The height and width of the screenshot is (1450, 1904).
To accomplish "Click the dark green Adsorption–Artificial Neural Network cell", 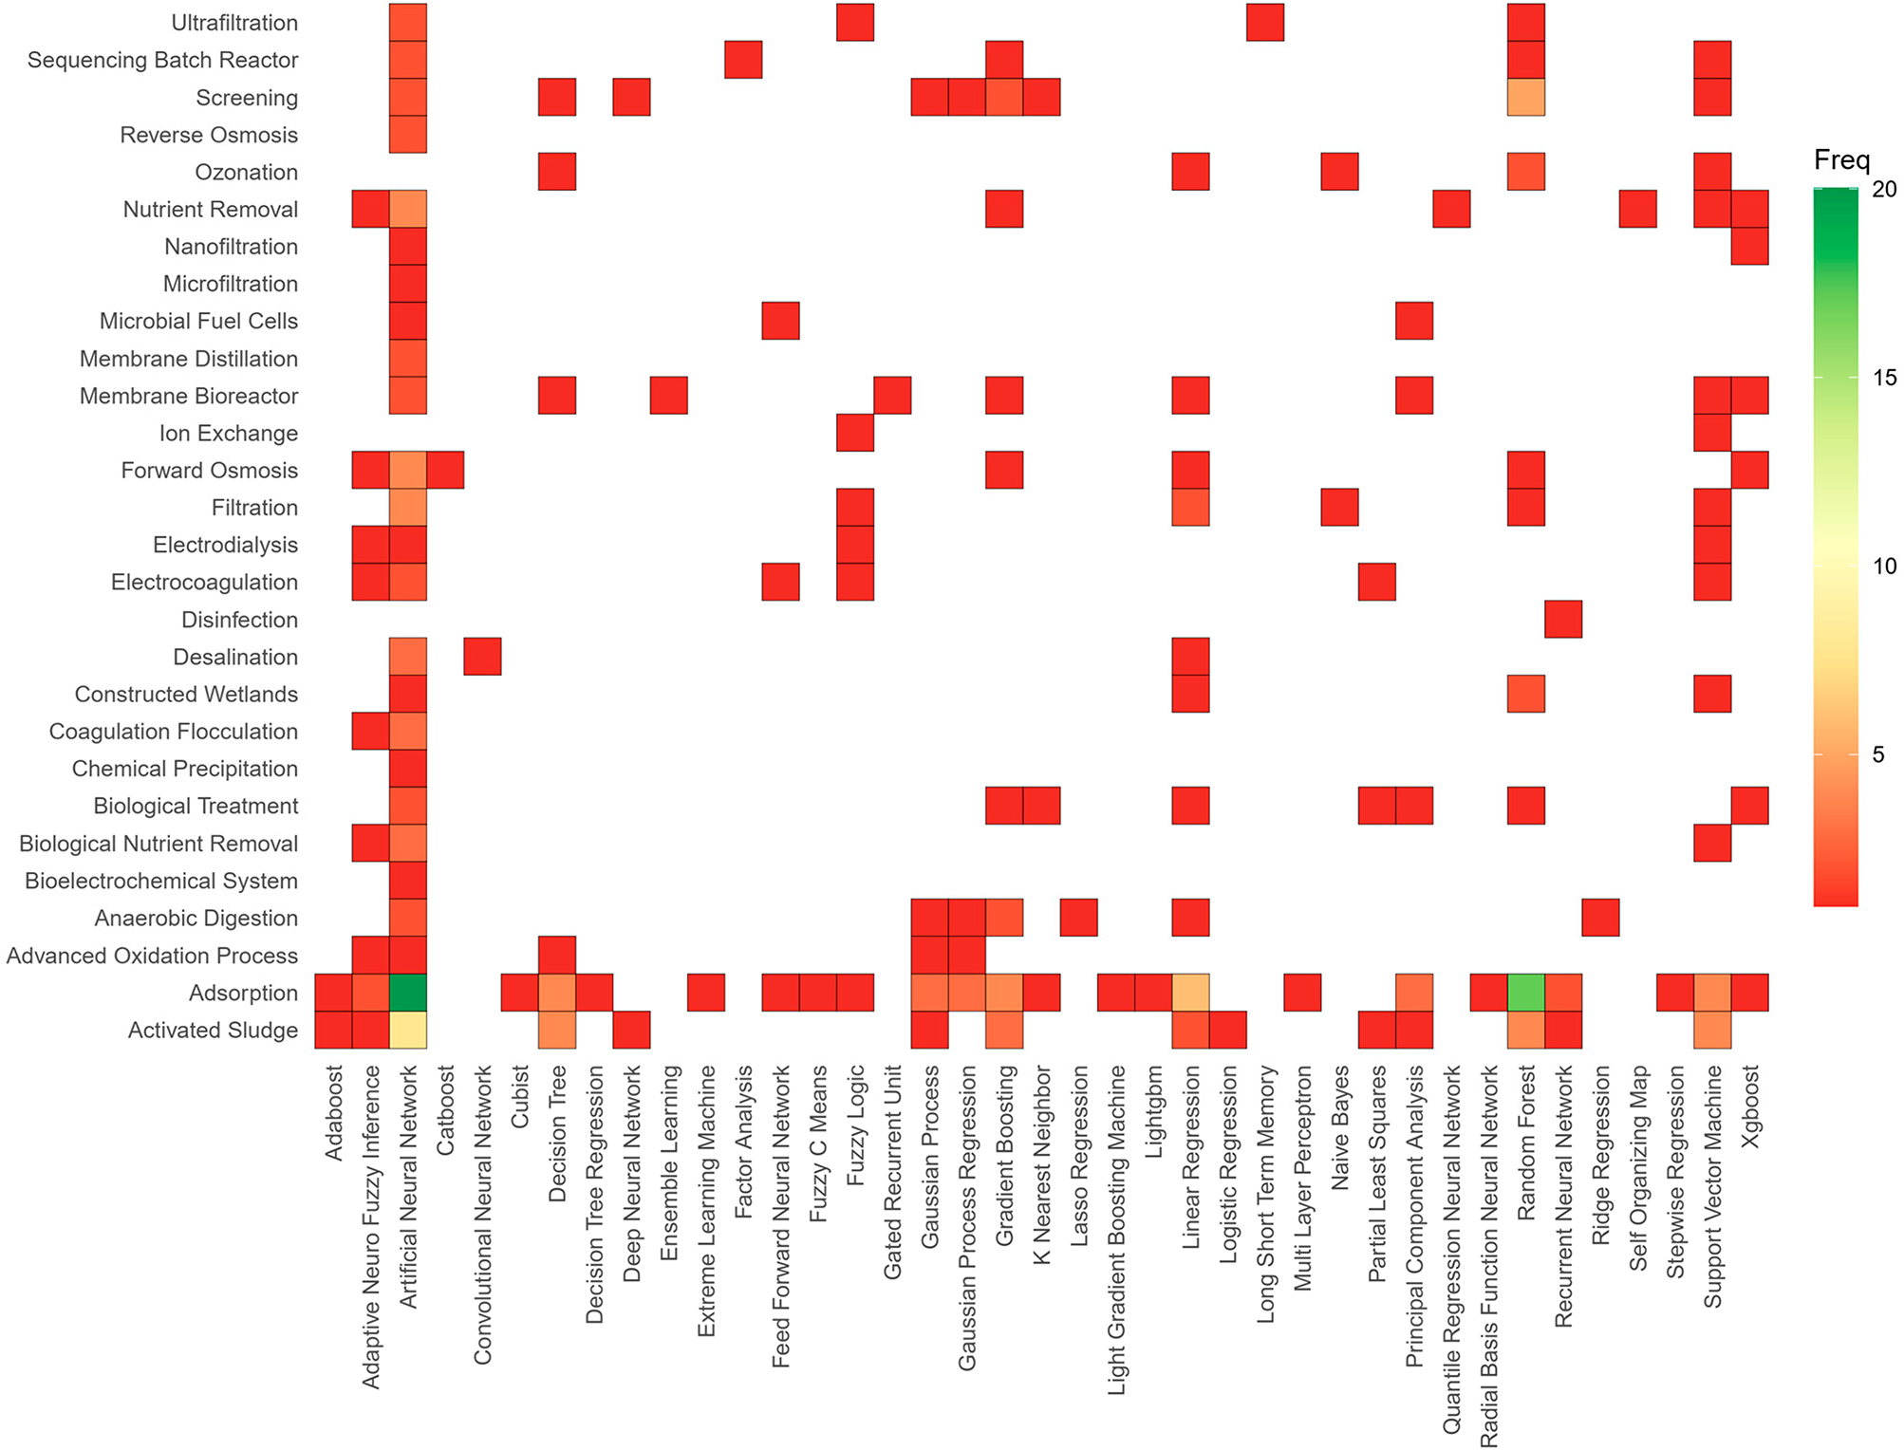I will [408, 993].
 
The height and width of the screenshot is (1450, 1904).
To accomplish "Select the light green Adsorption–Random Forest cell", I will [1526, 993].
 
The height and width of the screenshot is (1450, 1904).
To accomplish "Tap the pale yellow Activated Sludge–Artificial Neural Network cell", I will [408, 1030].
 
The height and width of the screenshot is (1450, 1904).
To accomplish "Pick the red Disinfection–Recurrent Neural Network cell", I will [1563, 620].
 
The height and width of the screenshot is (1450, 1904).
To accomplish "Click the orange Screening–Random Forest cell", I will [1526, 98].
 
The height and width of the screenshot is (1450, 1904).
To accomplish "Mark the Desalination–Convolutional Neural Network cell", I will [482, 657].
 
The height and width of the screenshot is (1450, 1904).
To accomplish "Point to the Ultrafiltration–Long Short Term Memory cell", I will [1265, 23].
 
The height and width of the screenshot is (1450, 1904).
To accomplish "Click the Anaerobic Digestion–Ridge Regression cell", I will [1600, 918].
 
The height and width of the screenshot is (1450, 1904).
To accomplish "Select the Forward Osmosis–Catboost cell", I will [445, 471].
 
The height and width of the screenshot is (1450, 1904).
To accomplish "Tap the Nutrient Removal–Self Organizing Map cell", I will [1638, 210].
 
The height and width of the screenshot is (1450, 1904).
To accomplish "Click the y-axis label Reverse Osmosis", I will [209, 135].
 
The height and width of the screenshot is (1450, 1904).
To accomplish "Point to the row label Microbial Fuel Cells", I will [198, 322].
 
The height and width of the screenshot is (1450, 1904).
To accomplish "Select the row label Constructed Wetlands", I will [186, 695].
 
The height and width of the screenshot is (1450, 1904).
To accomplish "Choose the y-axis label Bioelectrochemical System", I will [161, 881].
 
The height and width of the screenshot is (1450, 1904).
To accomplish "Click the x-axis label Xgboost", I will [1751, 1106].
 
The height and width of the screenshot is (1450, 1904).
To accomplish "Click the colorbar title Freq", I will [1841, 159].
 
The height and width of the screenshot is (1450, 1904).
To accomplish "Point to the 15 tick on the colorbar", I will [1884, 378].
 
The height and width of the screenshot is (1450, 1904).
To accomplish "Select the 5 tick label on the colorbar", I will [1878, 754].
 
